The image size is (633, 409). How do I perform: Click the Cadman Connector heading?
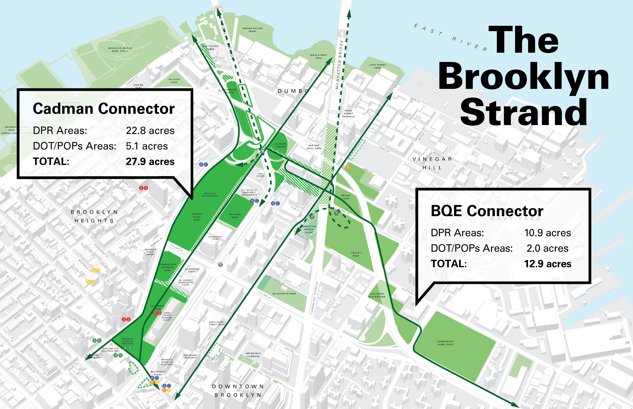[104, 109]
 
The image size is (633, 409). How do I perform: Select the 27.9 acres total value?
[150, 161]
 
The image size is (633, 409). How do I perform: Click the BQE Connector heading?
[487, 211]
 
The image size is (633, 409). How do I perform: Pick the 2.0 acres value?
[547, 248]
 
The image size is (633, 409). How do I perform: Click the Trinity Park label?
[356, 254]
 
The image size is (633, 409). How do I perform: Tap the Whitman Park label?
[235, 216]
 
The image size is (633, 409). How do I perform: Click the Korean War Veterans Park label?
[168, 267]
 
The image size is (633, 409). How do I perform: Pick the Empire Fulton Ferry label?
[252, 30]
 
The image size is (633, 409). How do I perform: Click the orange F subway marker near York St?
[348, 167]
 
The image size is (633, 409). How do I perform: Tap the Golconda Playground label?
[377, 295]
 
